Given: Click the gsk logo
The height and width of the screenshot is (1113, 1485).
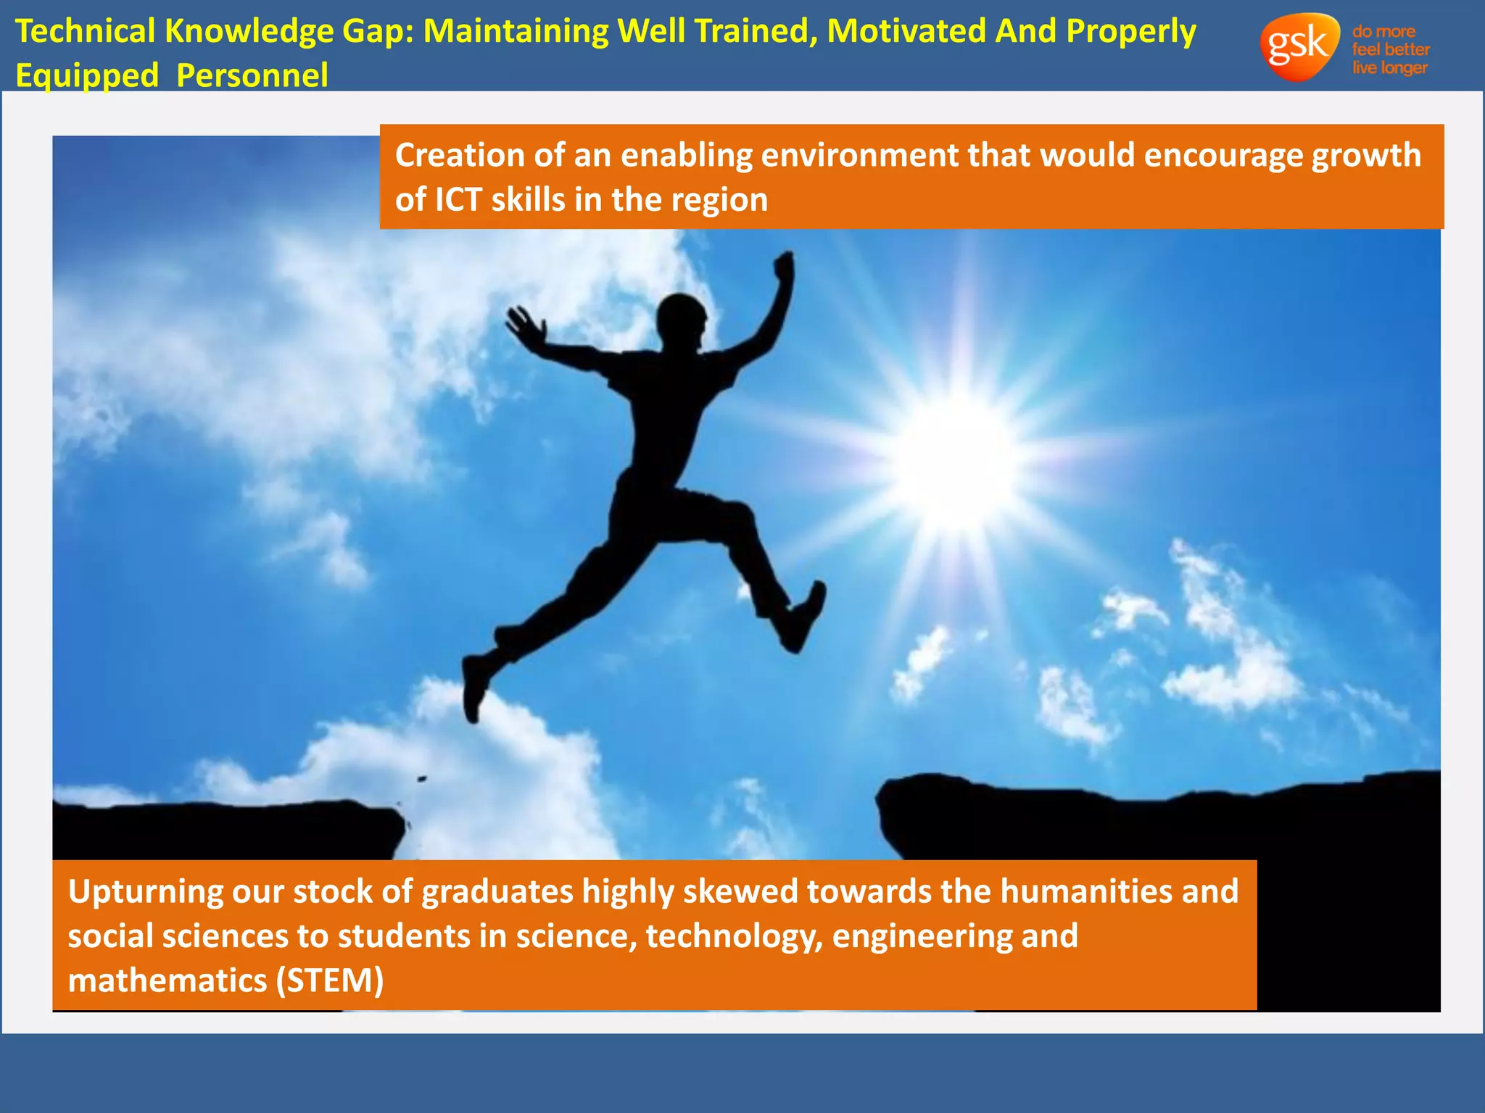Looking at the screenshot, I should tap(1299, 46).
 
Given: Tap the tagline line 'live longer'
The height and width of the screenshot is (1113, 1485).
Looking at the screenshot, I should tap(1389, 68).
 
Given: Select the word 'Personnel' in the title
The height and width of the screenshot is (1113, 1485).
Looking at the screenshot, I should tap(252, 76).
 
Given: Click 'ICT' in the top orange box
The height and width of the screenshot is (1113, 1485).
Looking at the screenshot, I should tap(458, 200).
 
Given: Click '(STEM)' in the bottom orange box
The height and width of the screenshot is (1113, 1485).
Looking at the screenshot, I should tap(330, 980).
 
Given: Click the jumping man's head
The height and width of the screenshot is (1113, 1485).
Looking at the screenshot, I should tap(682, 319).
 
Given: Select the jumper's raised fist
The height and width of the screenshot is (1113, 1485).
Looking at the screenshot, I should tap(785, 264).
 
